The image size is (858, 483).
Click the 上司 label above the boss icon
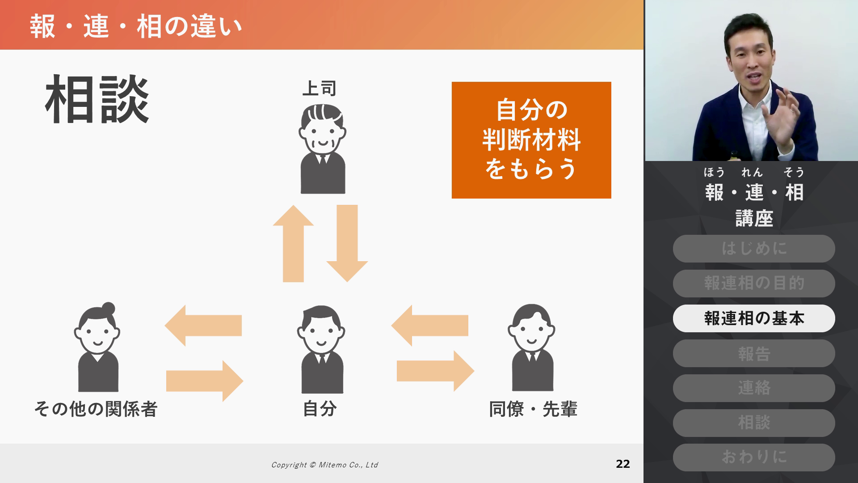(x=319, y=89)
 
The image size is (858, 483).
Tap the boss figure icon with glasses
(x=322, y=149)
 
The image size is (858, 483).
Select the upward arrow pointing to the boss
(x=293, y=244)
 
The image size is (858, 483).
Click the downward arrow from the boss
(x=347, y=243)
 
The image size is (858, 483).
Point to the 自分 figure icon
(x=321, y=349)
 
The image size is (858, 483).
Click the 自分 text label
(x=320, y=409)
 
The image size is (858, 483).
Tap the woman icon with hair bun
(x=97, y=347)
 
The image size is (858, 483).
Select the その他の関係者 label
(x=96, y=409)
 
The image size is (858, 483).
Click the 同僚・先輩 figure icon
(x=532, y=347)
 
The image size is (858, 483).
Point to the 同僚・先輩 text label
(x=533, y=409)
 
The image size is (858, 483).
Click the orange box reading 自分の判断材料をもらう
(x=531, y=140)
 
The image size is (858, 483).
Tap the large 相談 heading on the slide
(x=97, y=99)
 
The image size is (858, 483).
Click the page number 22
(x=623, y=464)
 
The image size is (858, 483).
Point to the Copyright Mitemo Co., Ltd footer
(x=324, y=465)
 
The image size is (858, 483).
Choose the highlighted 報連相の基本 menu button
(x=754, y=318)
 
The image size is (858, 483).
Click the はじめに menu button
(x=754, y=249)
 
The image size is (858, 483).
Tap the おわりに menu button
(x=754, y=457)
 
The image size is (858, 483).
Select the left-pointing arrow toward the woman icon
(x=203, y=326)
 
